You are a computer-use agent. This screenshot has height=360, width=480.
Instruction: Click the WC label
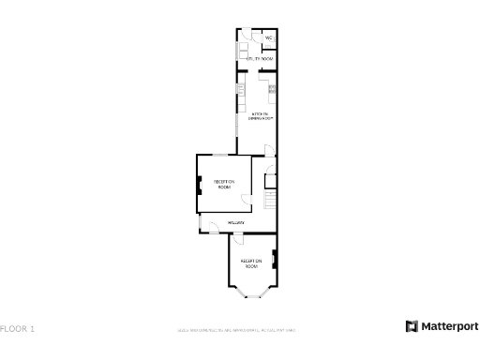pyautogui.click(x=268, y=38)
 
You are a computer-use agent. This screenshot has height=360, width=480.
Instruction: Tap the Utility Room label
pyautogui.click(x=260, y=59)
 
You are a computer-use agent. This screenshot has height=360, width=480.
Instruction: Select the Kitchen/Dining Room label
pyautogui.click(x=261, y=117)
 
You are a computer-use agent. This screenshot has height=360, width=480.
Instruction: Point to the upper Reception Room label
pyautogui.click(x=224, y=184)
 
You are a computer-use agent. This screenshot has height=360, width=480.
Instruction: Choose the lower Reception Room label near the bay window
pyautogui.click(x=250, y=263)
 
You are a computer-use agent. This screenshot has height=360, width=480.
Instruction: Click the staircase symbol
pyautogui.click(x=271, y=201)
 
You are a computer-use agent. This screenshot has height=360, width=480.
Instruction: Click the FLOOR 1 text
pyautogui.click(x=18, y=329)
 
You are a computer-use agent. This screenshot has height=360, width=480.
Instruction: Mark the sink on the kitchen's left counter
pyautogui.click(x=240, y=91)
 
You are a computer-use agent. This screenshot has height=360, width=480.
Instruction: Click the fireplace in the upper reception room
pyautogui.click(x=199, y=185)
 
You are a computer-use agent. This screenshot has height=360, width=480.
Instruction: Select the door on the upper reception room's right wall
pyautogui.click(x=247, y=199)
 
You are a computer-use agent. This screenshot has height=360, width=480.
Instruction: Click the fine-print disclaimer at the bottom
pyautogui.click(x=237, y=330)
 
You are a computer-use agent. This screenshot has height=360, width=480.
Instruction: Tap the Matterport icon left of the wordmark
pyautogui.click(x=411, y=326)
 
